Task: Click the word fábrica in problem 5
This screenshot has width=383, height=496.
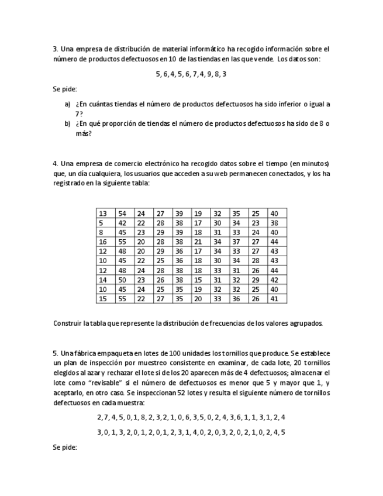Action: coord(84,353)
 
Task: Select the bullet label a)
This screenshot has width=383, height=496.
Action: coord(68,104)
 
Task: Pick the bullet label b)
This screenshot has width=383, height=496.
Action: coord(68,123)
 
